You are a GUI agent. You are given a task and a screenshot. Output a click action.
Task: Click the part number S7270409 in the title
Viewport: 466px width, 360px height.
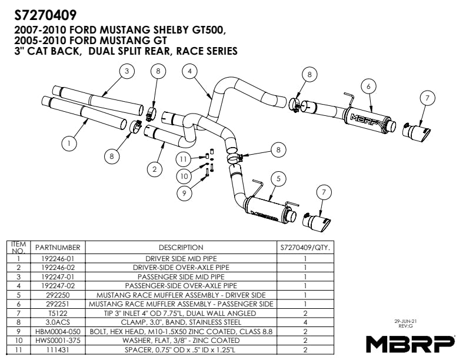[45, 13]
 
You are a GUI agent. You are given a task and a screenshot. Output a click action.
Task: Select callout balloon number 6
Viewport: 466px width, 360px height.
[368, 86]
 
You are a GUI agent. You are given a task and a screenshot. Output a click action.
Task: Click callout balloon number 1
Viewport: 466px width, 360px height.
[70, 142]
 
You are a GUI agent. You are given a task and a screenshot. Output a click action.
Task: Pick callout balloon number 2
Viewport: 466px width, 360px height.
[154, 169]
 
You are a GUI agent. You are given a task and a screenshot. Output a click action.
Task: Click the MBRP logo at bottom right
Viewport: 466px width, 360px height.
[410, 342]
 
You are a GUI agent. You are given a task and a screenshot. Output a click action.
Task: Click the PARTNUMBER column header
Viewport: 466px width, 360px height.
[57, 248]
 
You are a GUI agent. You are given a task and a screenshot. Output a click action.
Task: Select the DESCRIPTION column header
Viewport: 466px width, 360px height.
[181, 248]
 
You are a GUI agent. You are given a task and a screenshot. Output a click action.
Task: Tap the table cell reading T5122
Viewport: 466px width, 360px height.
[57, 313]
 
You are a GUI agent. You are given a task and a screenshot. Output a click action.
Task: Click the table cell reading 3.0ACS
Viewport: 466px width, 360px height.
[57, 322]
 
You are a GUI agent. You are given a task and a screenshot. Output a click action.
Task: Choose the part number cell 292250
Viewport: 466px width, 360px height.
[57, 295]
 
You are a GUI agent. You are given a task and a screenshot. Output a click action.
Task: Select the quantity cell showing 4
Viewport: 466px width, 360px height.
[305, 322]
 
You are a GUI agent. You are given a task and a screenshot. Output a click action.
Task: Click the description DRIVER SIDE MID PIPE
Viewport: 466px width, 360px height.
[181, 258]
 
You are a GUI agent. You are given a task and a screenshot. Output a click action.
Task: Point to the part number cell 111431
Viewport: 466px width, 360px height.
[57, 350]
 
